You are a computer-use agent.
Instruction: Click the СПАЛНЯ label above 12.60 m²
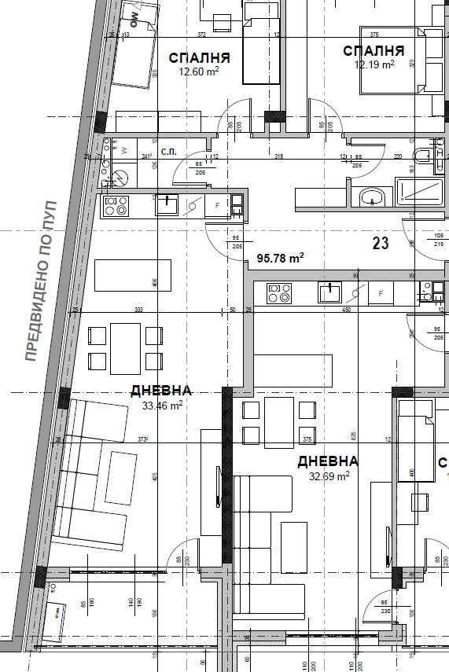pyautogui.click(x=200, y=58)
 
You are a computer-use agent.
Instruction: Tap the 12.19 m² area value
pyautogui.click(x=374, y=65)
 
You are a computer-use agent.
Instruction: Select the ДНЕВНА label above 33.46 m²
pyautogui.click(x=161, y=391)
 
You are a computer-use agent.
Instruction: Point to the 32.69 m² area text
pyautogui.click(x=328, y=475)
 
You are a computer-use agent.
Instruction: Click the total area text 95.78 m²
pyautogui.click(x=280, y=258)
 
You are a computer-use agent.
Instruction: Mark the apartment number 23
pyautogui.click(x=381, y=244)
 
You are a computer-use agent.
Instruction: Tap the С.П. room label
pyautogui.click(x=167, y=151)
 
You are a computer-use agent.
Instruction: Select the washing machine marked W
pyautogui.click(x=124, y=149)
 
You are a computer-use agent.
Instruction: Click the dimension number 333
pyautogui.click(x=138, y=310)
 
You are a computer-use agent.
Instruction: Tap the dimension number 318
pyautogui.click(x=278, y=157)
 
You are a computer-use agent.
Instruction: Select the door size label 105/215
pyautogui.click(x=438, y=241)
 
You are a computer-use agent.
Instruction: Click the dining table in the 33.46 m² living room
pyautogui.click(x=125, y=348)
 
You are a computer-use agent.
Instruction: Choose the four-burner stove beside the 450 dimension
pyautogui.click(x=279, y=293)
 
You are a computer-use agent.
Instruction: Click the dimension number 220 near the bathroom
pyautogui.click(x=397, y=157)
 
